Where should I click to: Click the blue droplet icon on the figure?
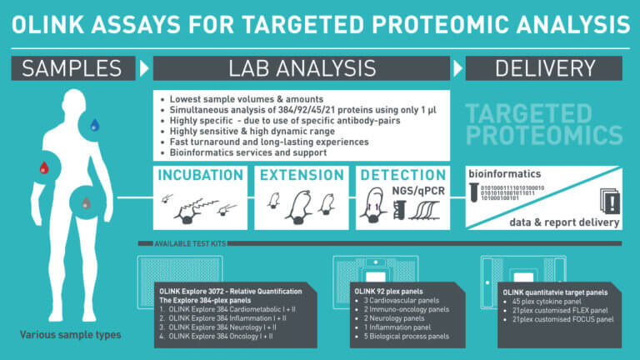[x=94, y=126]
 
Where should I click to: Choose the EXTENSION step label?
[x=302, y=176]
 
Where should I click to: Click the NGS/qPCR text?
[x=420, y=192]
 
